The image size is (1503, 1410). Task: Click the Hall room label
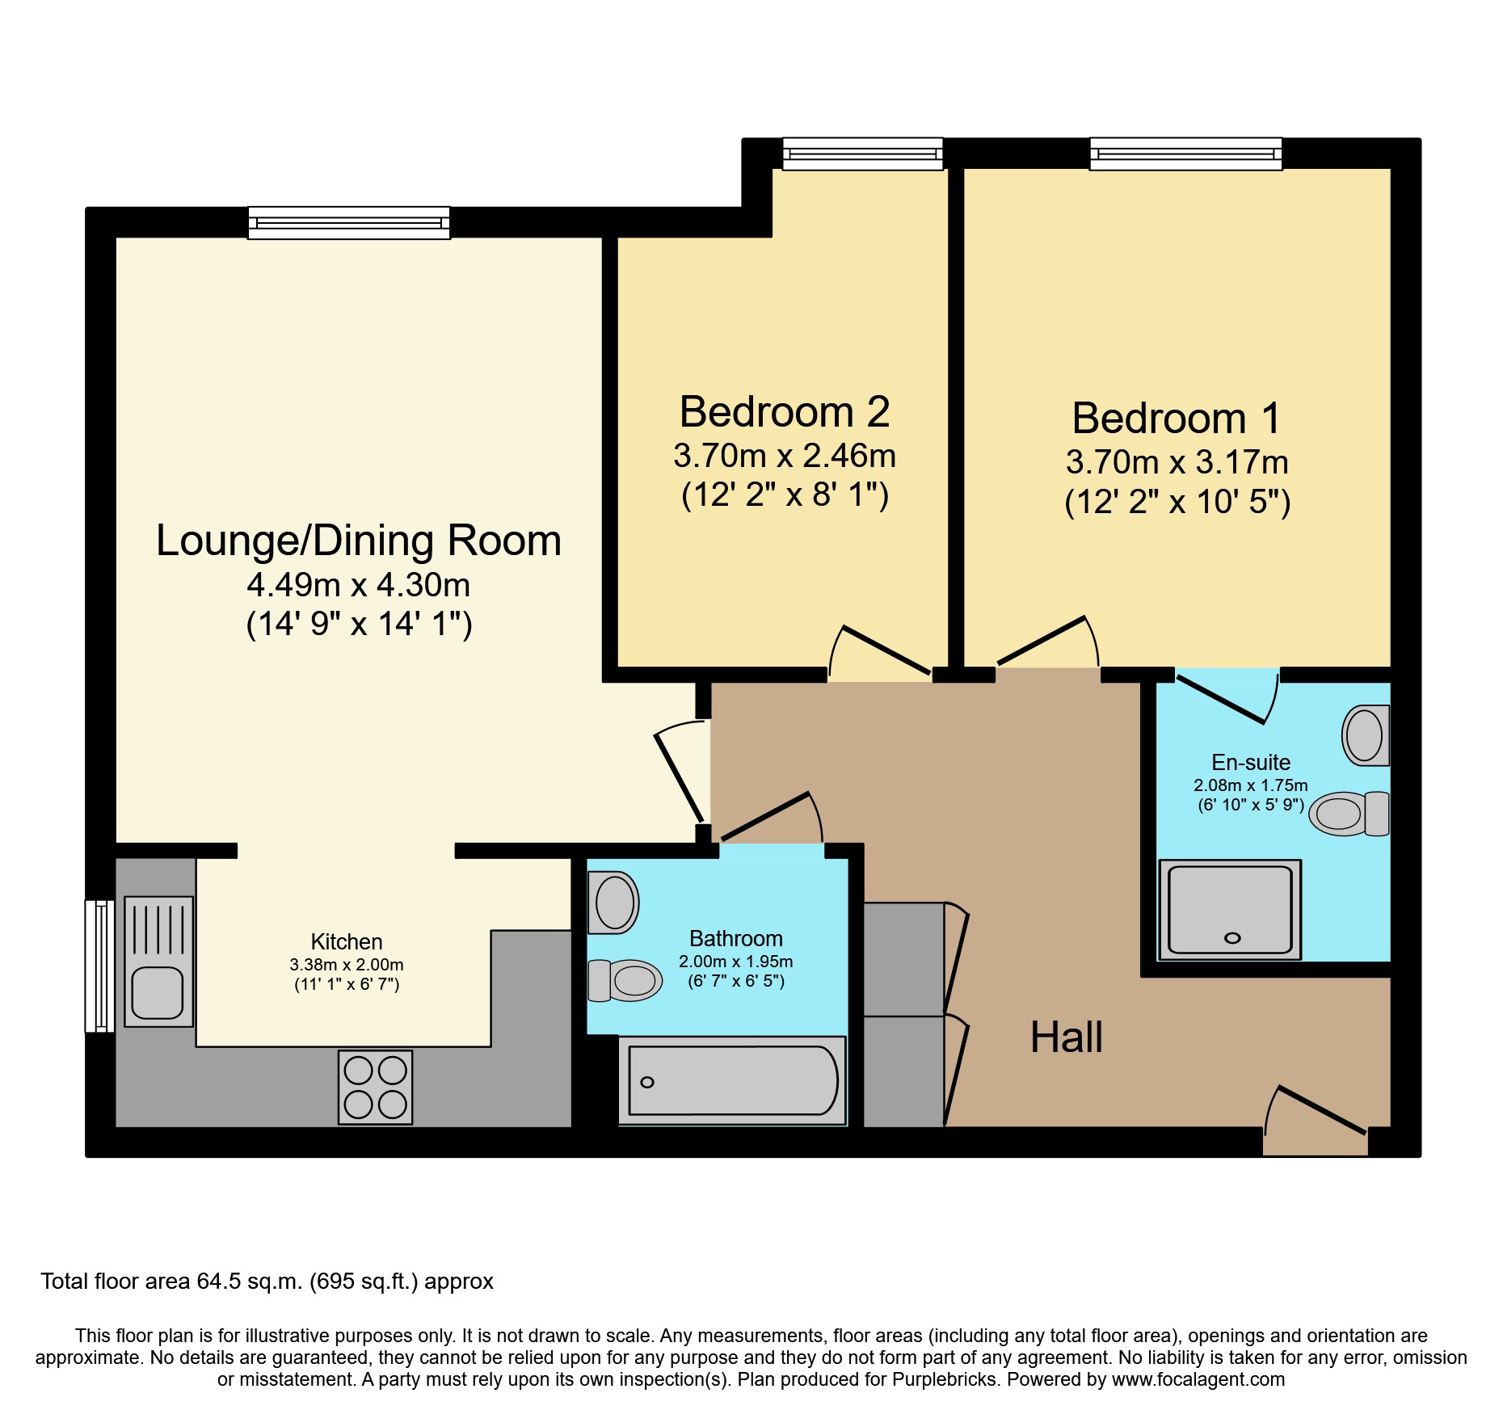click(1066, 1037)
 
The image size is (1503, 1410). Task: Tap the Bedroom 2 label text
click(785, 412)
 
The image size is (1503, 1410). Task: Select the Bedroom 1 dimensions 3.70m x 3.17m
click(1177, 462)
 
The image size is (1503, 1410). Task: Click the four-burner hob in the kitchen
click(375, 1087)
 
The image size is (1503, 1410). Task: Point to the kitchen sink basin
click(158, 992)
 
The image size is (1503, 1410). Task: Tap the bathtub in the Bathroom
click(732, 1080)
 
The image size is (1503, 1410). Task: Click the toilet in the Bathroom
click(625, 980)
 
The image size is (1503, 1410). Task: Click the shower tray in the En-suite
click(1230, 909)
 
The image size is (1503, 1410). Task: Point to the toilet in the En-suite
click(1349, 813)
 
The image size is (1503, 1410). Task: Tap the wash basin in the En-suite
click(1366, 735)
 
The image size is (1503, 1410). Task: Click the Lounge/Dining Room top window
click(348, 222)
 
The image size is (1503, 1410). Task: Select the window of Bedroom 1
click(1185, 154)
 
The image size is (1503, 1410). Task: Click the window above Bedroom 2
click(862, 154)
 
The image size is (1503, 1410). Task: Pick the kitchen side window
click(100, 966)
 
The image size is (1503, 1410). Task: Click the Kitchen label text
click(347, 941)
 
